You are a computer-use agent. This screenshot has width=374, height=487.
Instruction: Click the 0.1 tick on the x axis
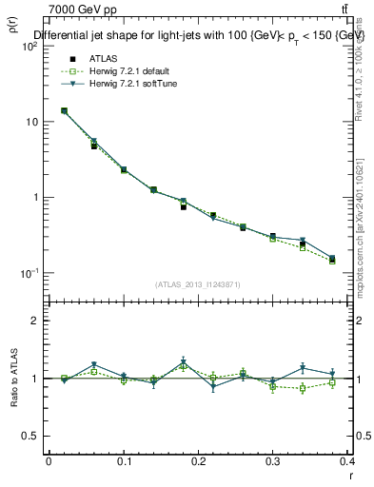124,461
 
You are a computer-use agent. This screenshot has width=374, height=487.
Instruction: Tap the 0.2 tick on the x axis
199,461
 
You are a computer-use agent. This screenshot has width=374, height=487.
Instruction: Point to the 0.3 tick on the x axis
274,461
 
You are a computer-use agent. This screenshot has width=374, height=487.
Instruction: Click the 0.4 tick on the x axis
347,461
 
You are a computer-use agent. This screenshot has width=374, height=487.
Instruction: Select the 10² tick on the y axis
29,47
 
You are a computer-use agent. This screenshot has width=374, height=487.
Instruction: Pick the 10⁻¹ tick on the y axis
29,273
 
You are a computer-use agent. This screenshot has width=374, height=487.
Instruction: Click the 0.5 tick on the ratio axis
30,436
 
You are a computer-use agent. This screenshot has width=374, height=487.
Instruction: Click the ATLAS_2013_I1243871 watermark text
198,284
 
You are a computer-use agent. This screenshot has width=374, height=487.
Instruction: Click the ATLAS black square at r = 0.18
184,206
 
